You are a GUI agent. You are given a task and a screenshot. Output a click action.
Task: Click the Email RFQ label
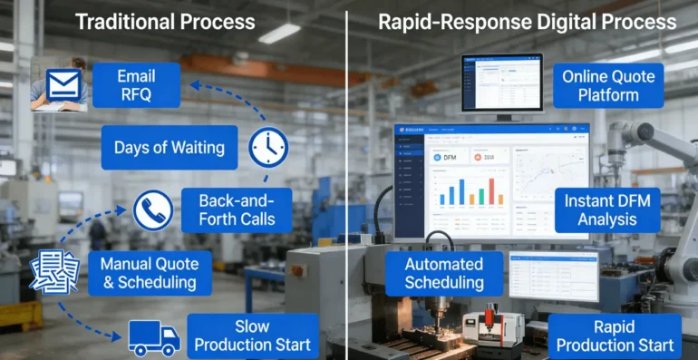pyautogui.click(x=135, y=84)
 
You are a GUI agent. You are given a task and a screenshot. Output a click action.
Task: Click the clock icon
pyautogui.click(x=268, y=146)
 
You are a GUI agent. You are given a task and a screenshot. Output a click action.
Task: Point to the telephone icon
pyautogui.click(x=152, y=210)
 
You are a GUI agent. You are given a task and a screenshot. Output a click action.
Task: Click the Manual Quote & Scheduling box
pyautogui.click(x=150, y=272)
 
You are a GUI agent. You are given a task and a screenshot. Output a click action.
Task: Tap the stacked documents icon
pyautogui.click(x=54, y=271)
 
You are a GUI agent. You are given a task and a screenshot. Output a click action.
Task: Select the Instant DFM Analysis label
pyautogui.click(x=607, y=209)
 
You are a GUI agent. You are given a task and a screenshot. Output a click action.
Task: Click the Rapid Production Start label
pyautogui.click(x=615, y=336)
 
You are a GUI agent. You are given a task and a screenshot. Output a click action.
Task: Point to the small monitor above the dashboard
pyautogui.click(x=501, y=83)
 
